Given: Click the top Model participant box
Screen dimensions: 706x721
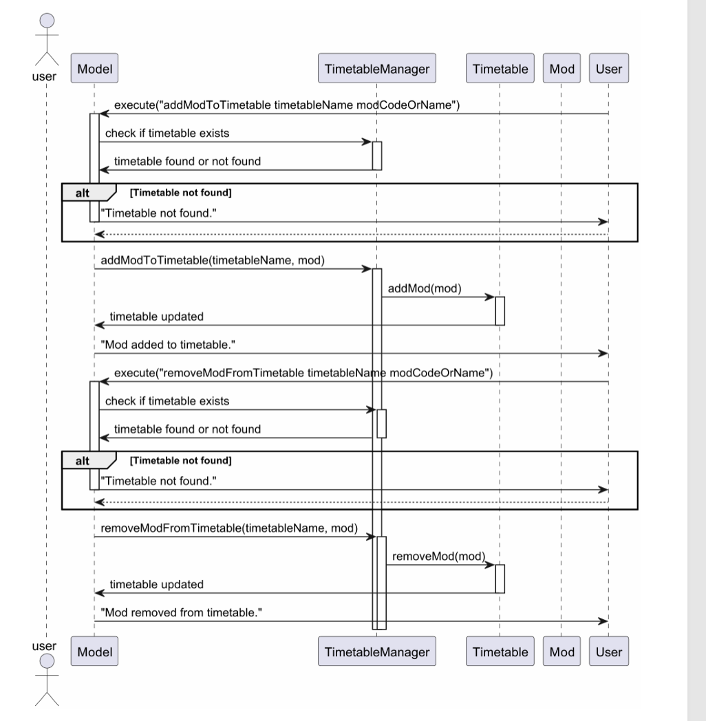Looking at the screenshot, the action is pyautogui.click(x=94, y=68).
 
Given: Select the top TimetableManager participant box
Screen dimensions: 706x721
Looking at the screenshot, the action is pyautogui.click(x=376, y=68).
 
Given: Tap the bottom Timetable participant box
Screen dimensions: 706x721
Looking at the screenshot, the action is pyautogui.click(x=500, y=651).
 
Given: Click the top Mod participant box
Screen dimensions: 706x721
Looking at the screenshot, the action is pyautogui.click(x=561, y=68).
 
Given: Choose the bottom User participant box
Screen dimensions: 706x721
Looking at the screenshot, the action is pyautogui.click(x=608, y=651).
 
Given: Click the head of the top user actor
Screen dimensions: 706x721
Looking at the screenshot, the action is pyautogui.click(x=47, y=21).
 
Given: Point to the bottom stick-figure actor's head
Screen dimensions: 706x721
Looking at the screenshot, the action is pyautogui.click(x=47, y=661).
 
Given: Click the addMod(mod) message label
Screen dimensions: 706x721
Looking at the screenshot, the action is pyautogui.click(x=425, y=288).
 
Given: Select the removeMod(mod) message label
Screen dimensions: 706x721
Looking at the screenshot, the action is pyautogui.click(x=439, y=557).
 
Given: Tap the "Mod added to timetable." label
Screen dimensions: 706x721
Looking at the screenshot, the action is pyautogui.click(x=168, y=345).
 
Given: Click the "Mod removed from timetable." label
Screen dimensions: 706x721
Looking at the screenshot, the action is pyautogui.click(x=181, y=612).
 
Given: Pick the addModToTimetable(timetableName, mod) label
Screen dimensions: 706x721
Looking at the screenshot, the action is pyautogui.click(x=213, y=260).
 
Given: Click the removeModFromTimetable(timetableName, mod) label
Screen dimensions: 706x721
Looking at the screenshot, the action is pyautogui.click(x=229, y=528).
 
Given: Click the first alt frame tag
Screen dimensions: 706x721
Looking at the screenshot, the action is pyautogui.click(x=88, y=193).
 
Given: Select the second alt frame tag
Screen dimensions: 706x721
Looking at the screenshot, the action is pyautogui.click(x=88, y=460).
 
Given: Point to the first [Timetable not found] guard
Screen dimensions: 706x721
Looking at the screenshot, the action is pyautogui.click(x=181, y=193).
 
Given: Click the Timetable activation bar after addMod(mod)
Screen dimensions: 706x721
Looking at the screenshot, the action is pyautogui.click(x=500, y=311).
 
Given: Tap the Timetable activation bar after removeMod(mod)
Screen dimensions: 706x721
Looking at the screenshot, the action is pyautogui.click(x=500, y=579).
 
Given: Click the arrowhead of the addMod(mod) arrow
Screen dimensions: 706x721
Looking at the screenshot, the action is pyautogui.click(x=491, y=297).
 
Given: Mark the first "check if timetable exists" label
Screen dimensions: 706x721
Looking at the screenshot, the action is pyautogui.click(x=167, y=133).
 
